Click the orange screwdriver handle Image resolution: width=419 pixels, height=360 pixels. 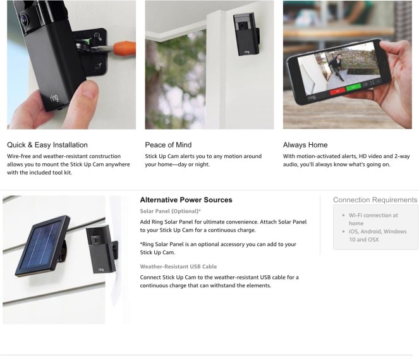[124, 48]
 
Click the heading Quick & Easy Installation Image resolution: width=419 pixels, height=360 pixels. [47, 145]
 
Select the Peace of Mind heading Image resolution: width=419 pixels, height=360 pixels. [168, 145]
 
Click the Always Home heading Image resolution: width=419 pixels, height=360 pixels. [305, 145]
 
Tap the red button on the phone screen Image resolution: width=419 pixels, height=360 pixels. [337, 91]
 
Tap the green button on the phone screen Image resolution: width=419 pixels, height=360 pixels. [353, 87]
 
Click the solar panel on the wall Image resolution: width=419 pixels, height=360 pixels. [43, 245]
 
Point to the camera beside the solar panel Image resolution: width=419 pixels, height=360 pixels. [102, 249]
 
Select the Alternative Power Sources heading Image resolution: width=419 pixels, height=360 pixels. [186, 200]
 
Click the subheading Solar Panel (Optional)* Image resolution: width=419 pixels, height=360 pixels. [170, 211]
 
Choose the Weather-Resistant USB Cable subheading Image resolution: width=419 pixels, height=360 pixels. [178, 266]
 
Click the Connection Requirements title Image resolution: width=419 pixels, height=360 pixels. [375, 200]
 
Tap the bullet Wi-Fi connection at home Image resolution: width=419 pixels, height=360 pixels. [373, 219]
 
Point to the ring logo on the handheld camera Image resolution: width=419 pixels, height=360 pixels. [54, 98]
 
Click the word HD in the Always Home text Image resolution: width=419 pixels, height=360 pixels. [363, 156]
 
